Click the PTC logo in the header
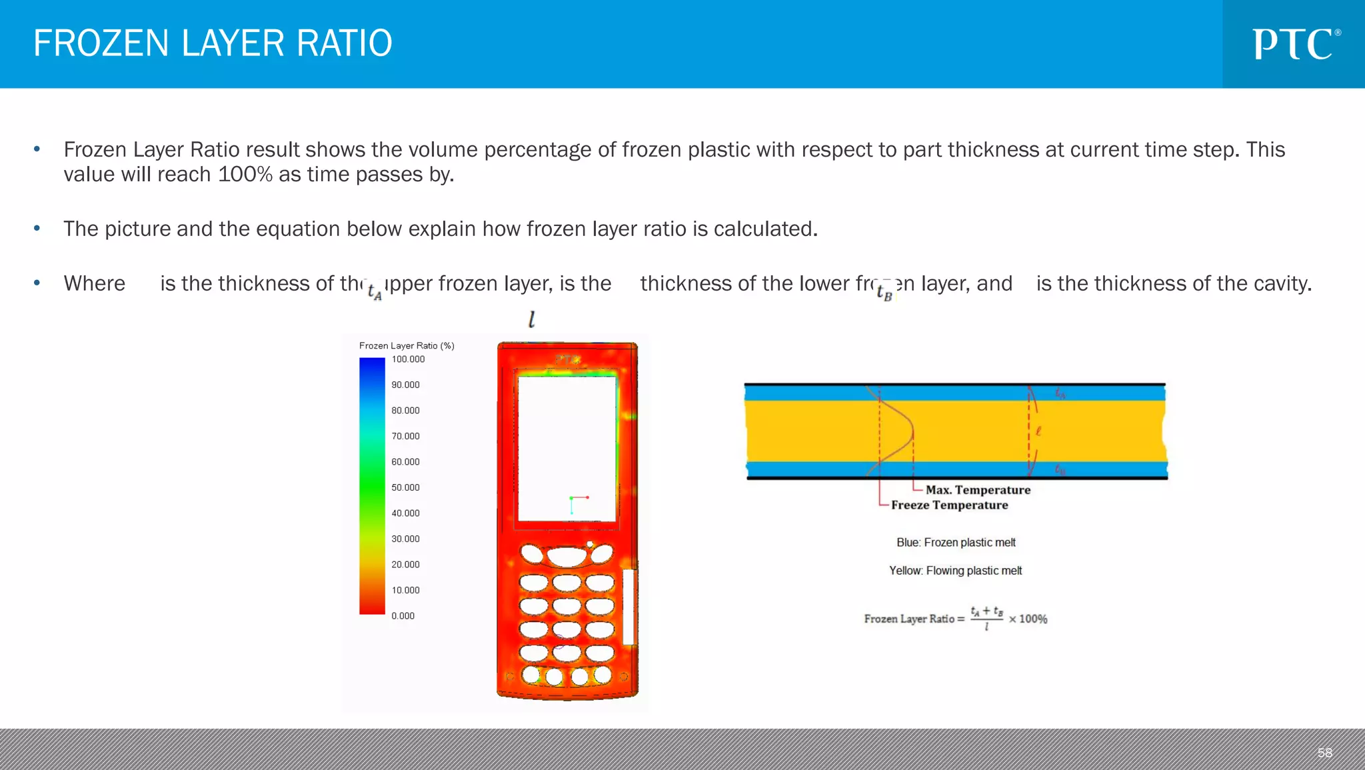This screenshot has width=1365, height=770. point(1296,44)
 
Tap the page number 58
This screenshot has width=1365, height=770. point(1324,753)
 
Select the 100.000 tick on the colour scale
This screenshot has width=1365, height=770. point(408,359)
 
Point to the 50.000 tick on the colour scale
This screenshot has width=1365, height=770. point(405,487)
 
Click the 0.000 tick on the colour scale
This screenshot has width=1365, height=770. point(403,616)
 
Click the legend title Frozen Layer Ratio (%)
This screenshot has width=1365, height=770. point(407,345)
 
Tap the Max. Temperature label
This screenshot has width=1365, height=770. point(978,490)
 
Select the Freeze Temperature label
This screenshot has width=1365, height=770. point(949,505)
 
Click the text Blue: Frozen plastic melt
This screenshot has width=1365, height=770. point(956,543)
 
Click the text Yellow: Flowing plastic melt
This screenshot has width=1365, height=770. point(955,571)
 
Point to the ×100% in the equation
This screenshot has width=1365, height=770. point(1028,619)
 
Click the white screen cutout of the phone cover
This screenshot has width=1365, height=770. point(567,448)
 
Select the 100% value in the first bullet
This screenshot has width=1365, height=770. point(245,175)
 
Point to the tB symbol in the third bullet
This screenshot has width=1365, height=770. point(884,292)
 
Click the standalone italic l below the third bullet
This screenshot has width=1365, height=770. point(531,319)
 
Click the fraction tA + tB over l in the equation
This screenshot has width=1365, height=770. point(986,618)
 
